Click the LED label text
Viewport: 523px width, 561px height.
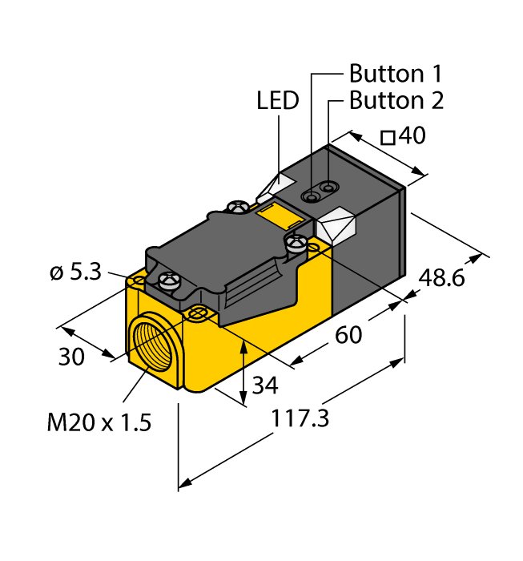[277, 102]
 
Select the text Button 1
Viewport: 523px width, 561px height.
[395, 75]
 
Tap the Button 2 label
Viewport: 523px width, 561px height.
[396, 102]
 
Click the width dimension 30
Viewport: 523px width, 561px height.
[71, 357]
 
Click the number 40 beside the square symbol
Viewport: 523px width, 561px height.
[411, 137]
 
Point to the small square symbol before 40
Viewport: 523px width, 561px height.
[388, 138]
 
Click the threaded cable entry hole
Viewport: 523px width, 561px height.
[155, 346]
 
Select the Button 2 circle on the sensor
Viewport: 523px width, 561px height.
[327, 188]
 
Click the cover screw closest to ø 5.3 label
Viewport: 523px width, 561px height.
[169, 280]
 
